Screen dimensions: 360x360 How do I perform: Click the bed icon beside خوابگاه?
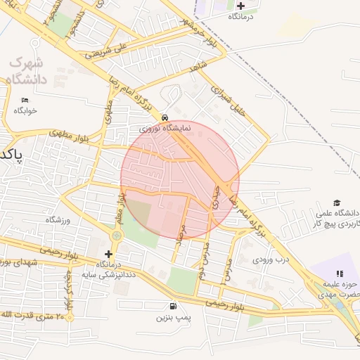tap(25, 100)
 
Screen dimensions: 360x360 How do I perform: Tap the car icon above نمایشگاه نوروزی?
tap(165, 117)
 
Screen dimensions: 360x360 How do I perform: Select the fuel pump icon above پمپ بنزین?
tap(173, 306)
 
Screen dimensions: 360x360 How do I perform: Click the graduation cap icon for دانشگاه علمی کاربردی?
tap(337, 202)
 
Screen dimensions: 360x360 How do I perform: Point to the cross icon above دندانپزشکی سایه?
tap(108, 254)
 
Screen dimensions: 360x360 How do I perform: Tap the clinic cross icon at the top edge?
tap(240, 6)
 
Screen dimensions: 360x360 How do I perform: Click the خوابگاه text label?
tap(25, 110)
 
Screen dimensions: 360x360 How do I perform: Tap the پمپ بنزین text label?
tap(174, 318)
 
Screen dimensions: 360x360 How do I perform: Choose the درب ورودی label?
tap(271, 259)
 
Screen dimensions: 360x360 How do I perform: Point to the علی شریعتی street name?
tap(106, 49)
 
